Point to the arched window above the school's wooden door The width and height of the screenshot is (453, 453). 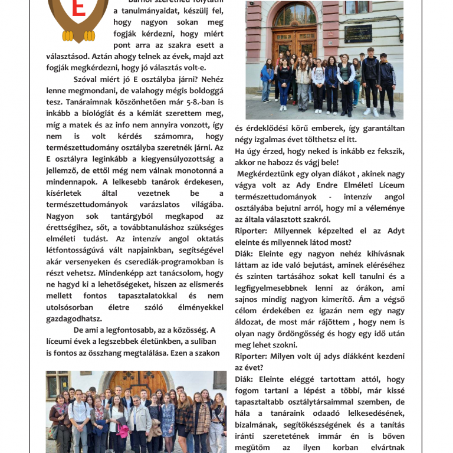click(294, 15)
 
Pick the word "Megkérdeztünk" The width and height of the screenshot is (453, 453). click(265, 174)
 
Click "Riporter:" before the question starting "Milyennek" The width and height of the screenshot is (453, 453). click(252, 231)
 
